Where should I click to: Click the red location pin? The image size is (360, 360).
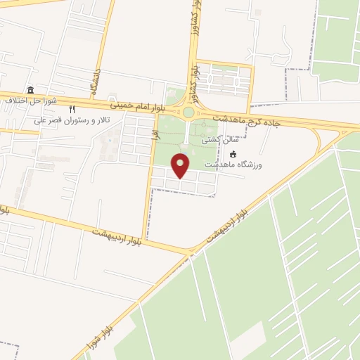point(181,165)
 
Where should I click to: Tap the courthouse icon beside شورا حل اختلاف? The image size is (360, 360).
point(30,90)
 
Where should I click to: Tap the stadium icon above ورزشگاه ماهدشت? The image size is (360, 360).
point(234,155)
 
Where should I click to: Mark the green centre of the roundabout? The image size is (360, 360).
point(188,112)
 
